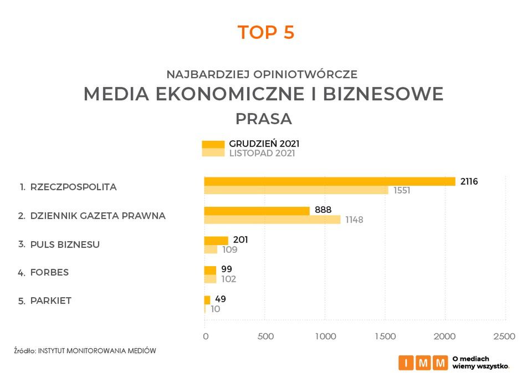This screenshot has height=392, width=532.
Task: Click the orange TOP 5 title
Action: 266,33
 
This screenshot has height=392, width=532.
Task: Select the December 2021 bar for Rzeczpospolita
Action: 330,181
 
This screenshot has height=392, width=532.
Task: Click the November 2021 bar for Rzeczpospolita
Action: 296,190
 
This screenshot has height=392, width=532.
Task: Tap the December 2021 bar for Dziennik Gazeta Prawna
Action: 257,211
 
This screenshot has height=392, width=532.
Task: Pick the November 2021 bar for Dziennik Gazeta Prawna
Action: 272,220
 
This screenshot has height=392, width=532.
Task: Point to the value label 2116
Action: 468,181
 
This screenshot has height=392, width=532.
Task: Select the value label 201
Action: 240,240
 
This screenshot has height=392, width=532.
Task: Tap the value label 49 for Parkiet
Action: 220,299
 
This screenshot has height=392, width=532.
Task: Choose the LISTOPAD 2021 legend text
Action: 262,154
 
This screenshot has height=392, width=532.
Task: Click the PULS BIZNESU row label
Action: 65,245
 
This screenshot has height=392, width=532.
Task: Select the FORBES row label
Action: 49,273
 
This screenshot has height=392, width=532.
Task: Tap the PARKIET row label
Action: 51,301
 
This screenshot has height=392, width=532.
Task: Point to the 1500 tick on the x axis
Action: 385,337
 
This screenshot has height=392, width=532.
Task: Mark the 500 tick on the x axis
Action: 266,337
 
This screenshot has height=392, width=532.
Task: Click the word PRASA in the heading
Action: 264,119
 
